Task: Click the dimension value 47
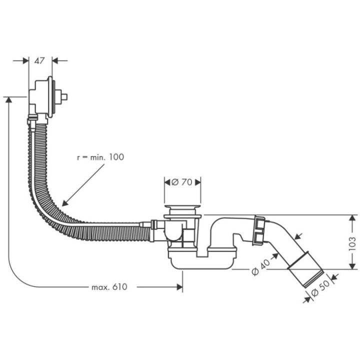[x=40, y=60]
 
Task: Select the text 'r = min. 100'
[x=100, y=157]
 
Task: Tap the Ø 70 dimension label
[x=183, y=182]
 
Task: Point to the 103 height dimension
[x=351, y=243]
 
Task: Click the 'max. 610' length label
[x=109, y=287]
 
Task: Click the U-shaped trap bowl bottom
[x=200, y=262]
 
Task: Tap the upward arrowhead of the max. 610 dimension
[x=8, y=100]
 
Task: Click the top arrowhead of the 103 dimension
[x=352, y=219]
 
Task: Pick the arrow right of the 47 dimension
[x=55, y=60]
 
